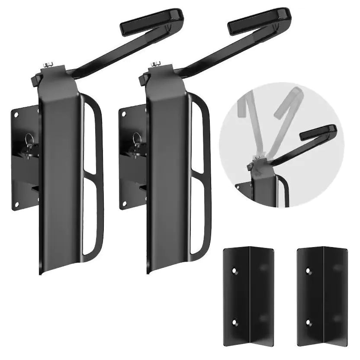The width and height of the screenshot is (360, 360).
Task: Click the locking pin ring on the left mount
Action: pyautogui.click(x=29, y=139)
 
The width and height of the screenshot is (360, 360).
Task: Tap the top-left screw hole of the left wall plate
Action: pyautogui.click(x=17, y=116)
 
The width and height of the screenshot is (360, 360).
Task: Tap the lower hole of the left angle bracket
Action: pyautogui.click(x=234, y=322)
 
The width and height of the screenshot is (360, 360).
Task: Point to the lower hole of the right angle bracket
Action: pyautogui.click(x=309, y=322)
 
